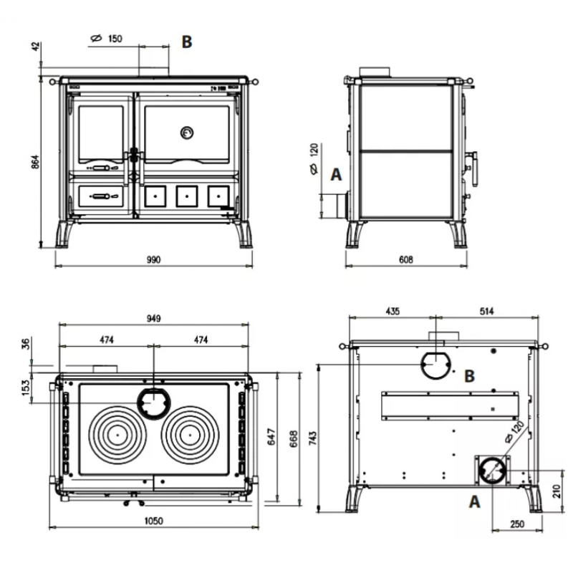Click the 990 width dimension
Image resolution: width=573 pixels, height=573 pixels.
click(x=153, y=259)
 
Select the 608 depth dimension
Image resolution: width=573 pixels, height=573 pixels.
click(x=406, y=259)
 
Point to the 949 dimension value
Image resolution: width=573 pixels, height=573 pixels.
click(x=153, y=318)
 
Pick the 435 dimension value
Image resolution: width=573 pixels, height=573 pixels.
click(x=393, y=312)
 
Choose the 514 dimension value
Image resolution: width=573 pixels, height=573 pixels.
click(x=487, y=312)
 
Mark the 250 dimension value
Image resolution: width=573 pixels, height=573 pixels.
click(x=518, y=524)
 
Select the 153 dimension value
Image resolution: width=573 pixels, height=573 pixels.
click(x=26, y=387)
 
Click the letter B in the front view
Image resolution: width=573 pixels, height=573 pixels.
click(x=186, y=42)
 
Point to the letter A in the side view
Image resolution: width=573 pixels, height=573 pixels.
click(x=336, y=174)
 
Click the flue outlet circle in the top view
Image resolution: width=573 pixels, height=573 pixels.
click(x=153, y=403)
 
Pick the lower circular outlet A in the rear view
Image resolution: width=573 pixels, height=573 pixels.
click(x=493, y=471)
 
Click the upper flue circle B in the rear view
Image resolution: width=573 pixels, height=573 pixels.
click(x=435, y=366)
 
